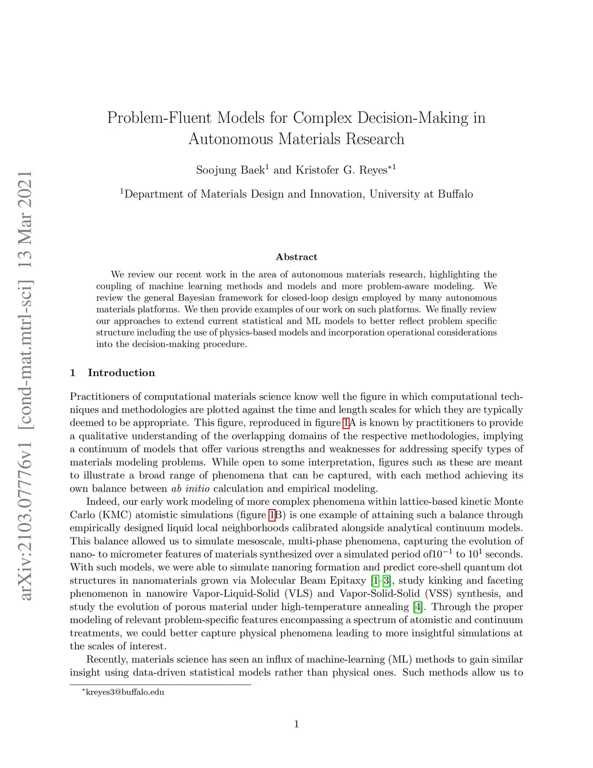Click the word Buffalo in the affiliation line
point(455,194)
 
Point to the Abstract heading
point(296,257)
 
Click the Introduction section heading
point(121,373)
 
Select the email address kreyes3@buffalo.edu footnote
point(125,692)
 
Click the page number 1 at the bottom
point(296,724)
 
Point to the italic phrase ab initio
point(191,489)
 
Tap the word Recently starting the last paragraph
point(107,660)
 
